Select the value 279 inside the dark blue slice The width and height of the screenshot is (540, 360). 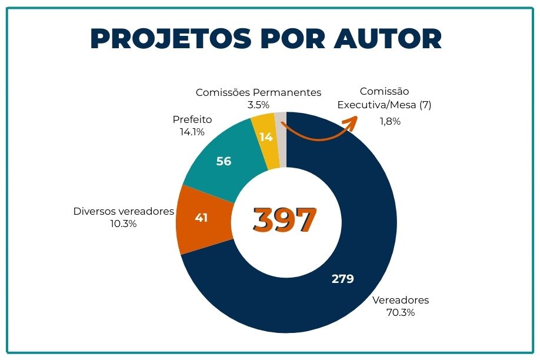342,279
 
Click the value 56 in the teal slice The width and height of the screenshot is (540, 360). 224,161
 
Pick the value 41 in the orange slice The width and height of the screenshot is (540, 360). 201,218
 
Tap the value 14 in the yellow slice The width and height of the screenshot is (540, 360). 266,137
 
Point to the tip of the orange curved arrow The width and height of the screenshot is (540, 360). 356,118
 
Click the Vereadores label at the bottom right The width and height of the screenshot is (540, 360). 401,300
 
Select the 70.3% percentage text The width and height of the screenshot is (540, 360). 401,313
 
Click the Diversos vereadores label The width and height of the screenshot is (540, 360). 124,211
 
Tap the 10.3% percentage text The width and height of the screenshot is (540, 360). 123,224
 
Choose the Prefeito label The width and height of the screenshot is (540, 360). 192,119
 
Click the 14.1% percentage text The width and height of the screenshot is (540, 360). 192,132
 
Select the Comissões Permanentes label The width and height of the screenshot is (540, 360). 258,92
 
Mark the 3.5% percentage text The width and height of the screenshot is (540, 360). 258,105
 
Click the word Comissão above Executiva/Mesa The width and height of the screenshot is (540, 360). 384,92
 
